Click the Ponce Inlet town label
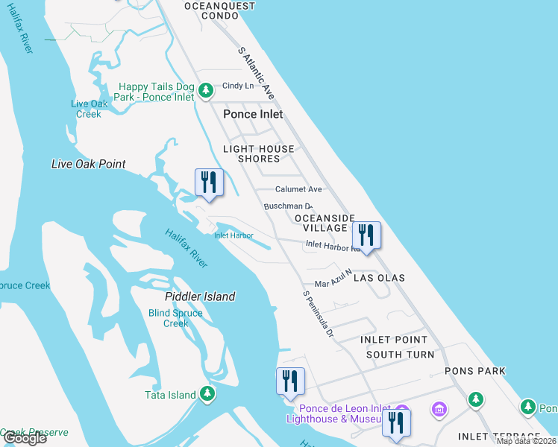[253, 115]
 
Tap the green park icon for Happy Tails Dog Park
[207, 92]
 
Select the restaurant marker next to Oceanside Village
[366, 235]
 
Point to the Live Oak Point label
[88, 164]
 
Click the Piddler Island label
[199, 297]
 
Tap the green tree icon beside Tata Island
[207, 395]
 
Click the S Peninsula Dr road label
[318, 314]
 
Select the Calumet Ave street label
[298, 189]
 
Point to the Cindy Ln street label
[238, 86]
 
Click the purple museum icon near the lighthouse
[439, 410]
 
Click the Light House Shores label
[259, 153]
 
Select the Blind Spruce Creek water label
[175, 318]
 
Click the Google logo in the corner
[25, 438]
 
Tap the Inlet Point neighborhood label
[394, 340]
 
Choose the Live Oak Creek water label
[89, 109]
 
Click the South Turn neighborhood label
[400, 355]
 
